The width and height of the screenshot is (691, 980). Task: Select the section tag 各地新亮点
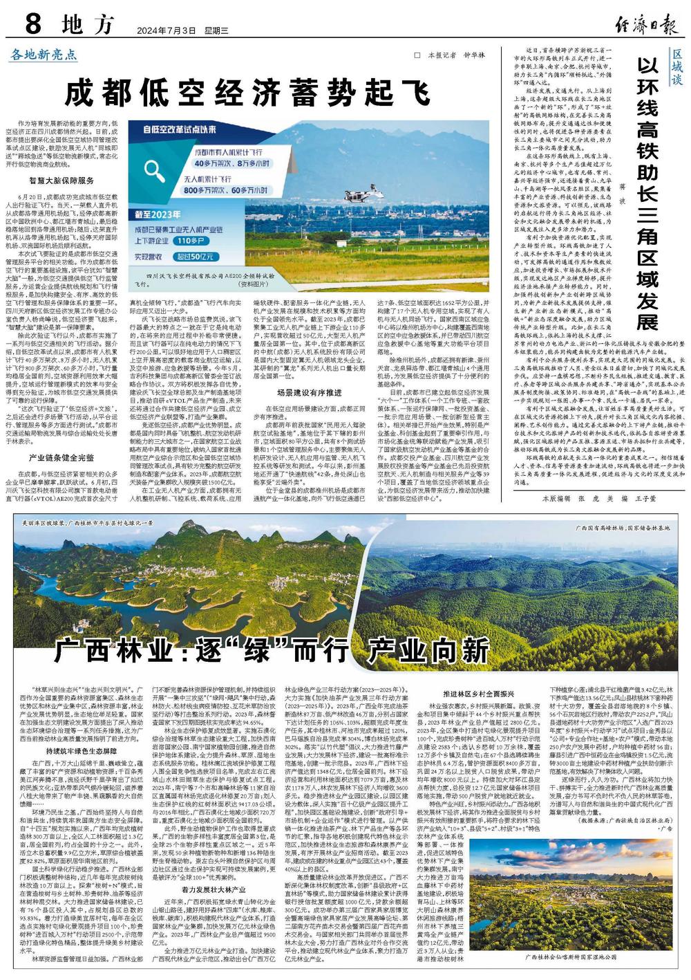click(x=44, y=54)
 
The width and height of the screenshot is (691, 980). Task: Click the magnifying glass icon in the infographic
click(x=164, y=169)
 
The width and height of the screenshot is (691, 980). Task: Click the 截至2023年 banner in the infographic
click(x=164, y=214)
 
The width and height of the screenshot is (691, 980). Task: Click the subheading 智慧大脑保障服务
click(x=61, y=180)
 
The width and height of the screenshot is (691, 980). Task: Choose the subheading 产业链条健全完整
click(x=61, y=458)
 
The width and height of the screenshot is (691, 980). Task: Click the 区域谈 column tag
click(x=677, y=68)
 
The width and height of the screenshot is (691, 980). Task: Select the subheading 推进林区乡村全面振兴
click(x=479, y=694)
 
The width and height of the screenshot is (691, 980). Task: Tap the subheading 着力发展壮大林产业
click(x=214, y=888)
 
